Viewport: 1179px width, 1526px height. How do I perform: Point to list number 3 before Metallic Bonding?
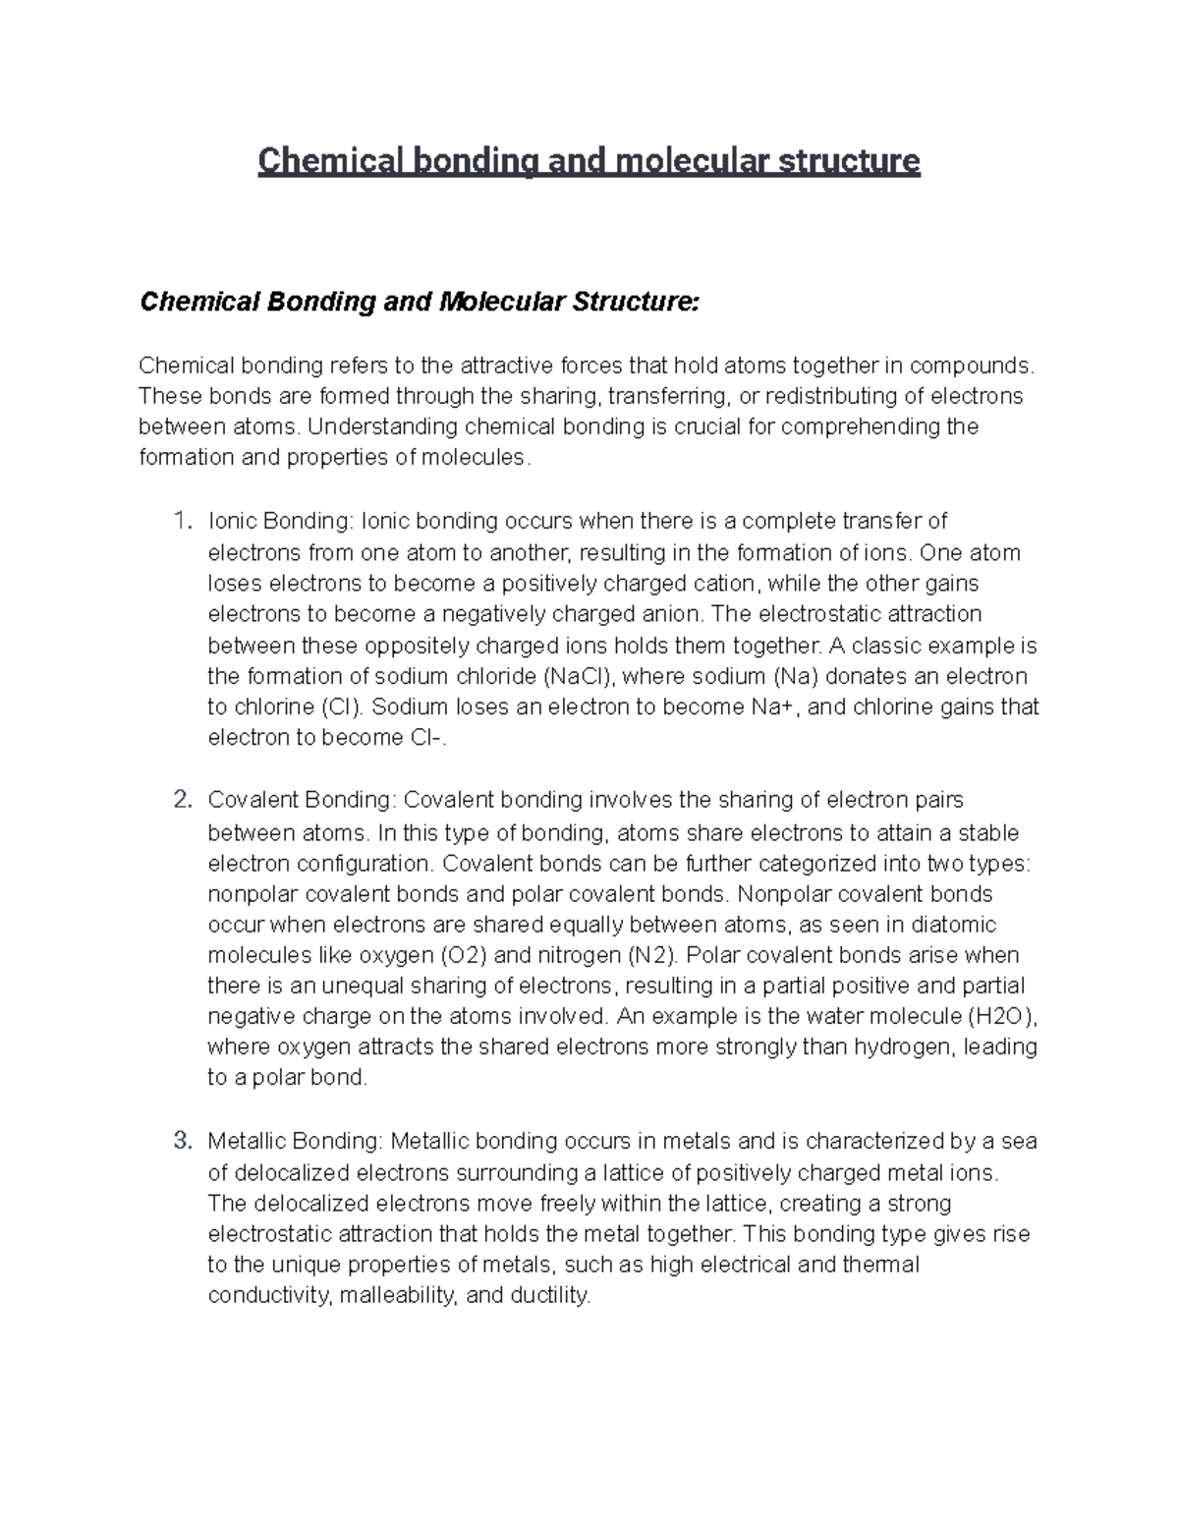[x=181, y=1141]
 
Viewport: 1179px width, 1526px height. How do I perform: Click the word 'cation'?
[x=722, y=584]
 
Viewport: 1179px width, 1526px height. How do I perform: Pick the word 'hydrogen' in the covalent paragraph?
[x=904, y=1046]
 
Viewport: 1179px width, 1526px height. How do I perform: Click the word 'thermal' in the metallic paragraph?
[x=881, y=1264]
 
